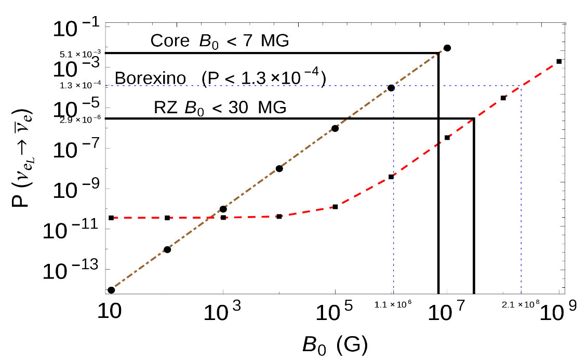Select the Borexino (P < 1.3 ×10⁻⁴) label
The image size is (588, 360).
click(220, 78)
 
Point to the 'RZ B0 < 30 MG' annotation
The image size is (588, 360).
click(220, 110)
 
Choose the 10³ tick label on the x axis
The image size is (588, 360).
click(221, 312)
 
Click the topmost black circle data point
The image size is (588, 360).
click(447, 48)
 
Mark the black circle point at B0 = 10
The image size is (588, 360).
click(111, 290)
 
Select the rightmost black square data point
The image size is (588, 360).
click(559, 61)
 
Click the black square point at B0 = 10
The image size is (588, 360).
click(111, 218)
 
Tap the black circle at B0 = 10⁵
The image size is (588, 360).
click(335, 128)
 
